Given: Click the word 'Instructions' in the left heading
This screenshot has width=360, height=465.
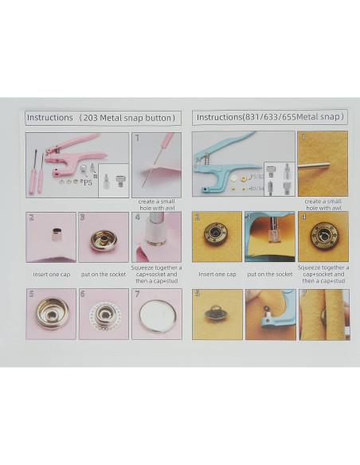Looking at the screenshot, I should point(49,117).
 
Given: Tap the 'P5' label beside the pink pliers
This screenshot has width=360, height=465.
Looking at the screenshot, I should point(88,182).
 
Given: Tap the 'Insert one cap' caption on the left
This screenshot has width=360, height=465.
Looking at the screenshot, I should point(51,274).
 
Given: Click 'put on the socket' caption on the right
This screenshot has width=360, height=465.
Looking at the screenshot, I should point(269,274).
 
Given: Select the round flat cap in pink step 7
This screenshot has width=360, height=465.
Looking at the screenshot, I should point(156,315).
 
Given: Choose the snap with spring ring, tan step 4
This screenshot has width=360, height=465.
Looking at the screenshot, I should point(323,235).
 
